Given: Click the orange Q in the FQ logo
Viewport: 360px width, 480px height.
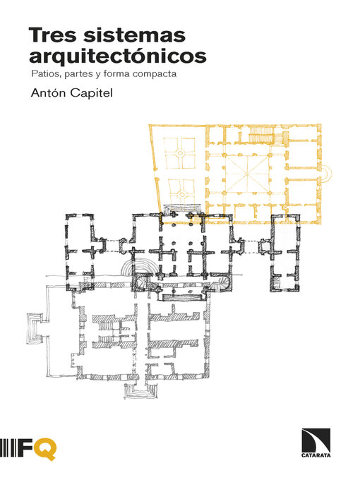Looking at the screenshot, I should [x=46, y=448].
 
